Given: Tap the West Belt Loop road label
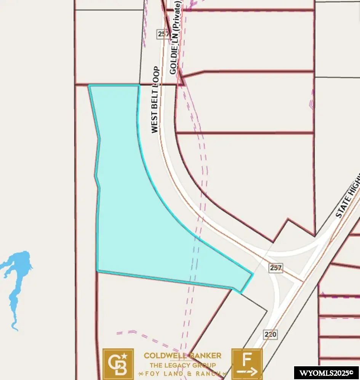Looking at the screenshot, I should [x=154, y=99].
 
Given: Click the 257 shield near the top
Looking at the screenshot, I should [x=162, y=34].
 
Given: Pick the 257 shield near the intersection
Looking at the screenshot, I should [x=275, y=268].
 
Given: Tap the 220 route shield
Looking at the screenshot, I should [x=270, y=335].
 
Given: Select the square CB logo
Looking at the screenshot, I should [x=118, y=364].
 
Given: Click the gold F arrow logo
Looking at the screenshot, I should [x=247, y=364].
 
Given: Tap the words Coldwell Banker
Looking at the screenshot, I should [x=182, y=356].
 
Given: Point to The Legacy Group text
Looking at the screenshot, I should [x=182, y=364].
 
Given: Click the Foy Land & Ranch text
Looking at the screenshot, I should [x=182, y=373].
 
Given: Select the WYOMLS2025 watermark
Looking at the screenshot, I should [x=326, y=373].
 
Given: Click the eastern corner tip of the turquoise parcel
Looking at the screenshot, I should [x=253, y=274].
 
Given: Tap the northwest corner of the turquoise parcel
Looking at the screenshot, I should [x=89, y=86].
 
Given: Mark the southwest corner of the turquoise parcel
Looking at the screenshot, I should [x=98, y=271].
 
